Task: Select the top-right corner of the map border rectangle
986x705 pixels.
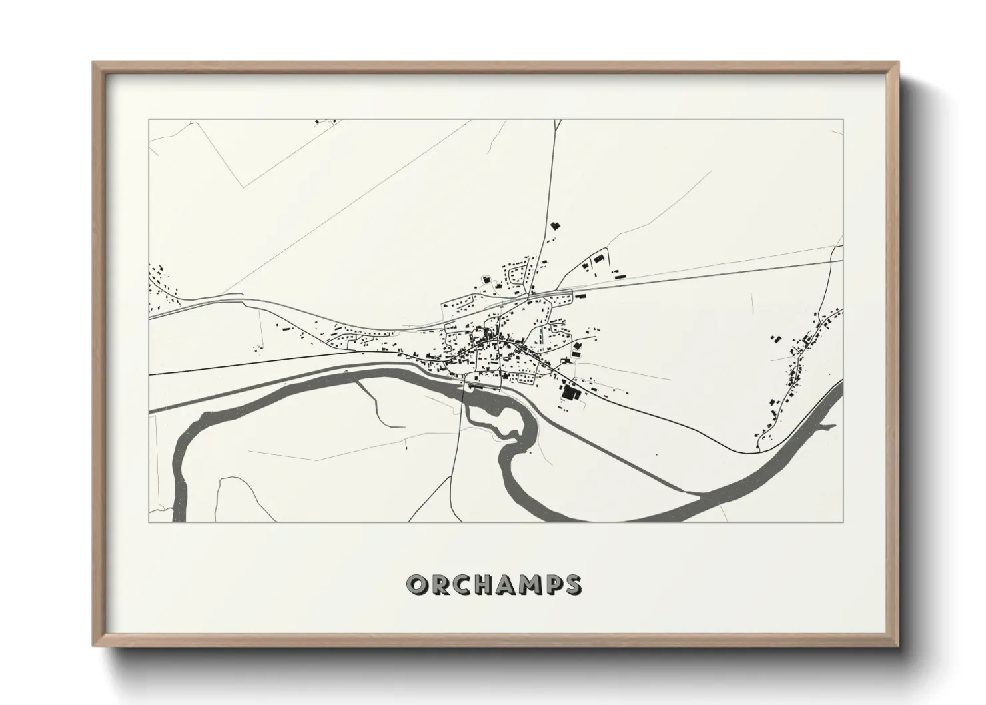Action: coord(843,119)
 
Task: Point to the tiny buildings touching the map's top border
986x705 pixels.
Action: coord(325,122)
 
